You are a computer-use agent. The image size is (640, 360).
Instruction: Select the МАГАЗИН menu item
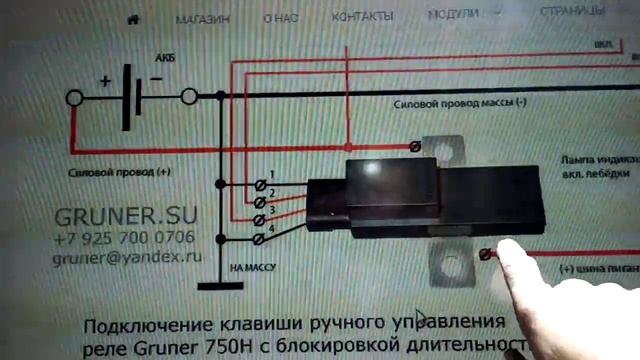(202, 18)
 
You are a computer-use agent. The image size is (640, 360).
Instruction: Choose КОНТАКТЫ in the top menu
(362, 17)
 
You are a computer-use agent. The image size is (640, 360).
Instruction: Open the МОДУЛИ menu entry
(453, 16)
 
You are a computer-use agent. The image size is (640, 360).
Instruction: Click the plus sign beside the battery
(104, 81)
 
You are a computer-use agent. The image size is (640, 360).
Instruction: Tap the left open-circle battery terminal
(74, 98)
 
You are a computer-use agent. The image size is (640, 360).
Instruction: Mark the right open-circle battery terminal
(189, 97)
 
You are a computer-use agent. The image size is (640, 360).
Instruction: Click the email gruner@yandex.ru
(127, 257)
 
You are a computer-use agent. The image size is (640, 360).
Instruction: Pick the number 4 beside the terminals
(271, 231)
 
